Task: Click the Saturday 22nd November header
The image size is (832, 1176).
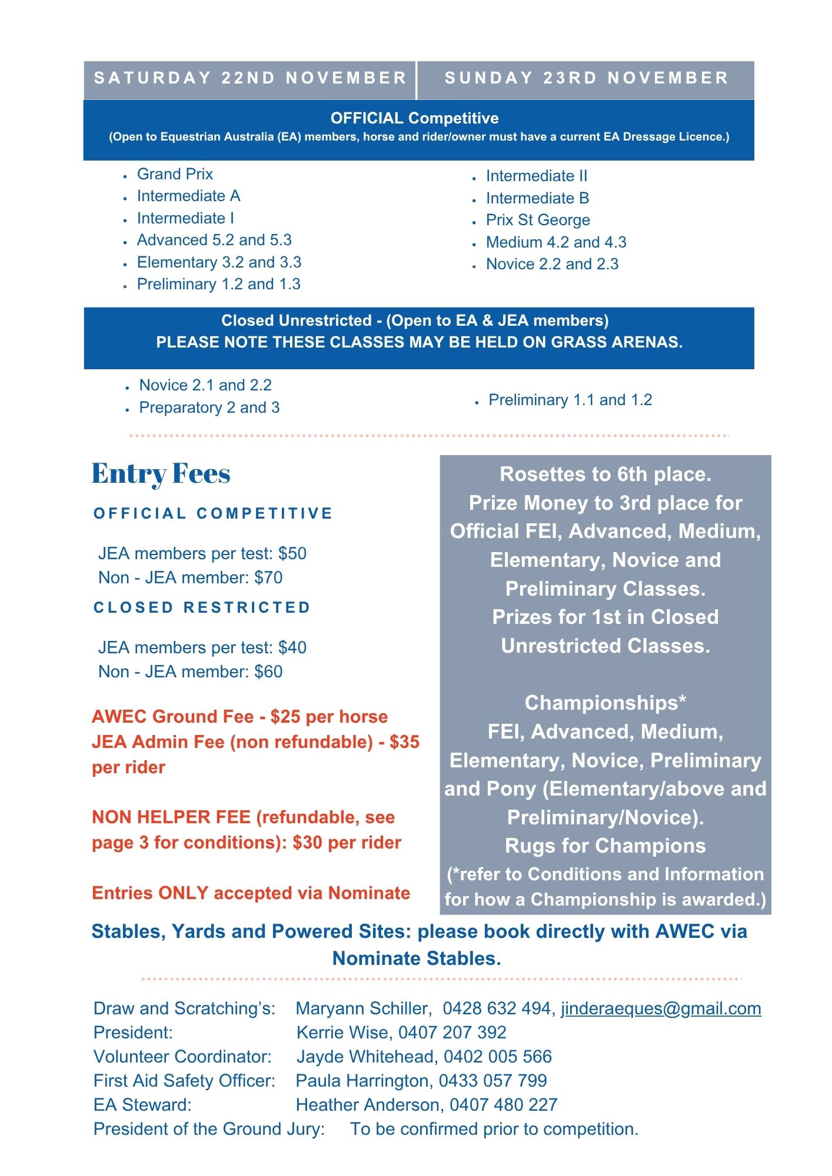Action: pyautogui.click(x=250, y=78)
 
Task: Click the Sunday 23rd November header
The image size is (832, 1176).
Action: pyautogui.click(x=586, y=78)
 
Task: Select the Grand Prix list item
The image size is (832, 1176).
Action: pyautogui.click(x=175, y=174)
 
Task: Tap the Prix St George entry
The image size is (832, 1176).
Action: pyautogui.click(x=538, y=220)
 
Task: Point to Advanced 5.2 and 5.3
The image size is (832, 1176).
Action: pyautogui.click(x=214, y=240)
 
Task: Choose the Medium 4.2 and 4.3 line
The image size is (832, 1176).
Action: pyautogui.click(x=556, y=242)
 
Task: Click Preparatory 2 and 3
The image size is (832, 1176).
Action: pyautogui.click(x=209, y=407)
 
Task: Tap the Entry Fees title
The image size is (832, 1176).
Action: pyautogui.click(x=161, y=474)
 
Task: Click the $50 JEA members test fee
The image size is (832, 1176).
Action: pyautogui.click(x=292, y=553)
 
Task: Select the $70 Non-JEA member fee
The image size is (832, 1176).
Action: pyautogui.click(x=268, y=577)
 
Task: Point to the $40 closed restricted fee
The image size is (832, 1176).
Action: pyautogui.click(x=292, y=647)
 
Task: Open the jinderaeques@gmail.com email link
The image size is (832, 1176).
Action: pyautogui.click(x=661, y=1008)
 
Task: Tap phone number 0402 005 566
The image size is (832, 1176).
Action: pyautogui.click(x=498, y=1057)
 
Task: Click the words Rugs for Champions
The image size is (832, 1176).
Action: pyautogui.click(x=605, y=846)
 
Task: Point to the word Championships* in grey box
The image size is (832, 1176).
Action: pyautogui.click(x=605, y=703)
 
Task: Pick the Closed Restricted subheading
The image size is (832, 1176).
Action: pyautogui.click(x=202, y=607)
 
